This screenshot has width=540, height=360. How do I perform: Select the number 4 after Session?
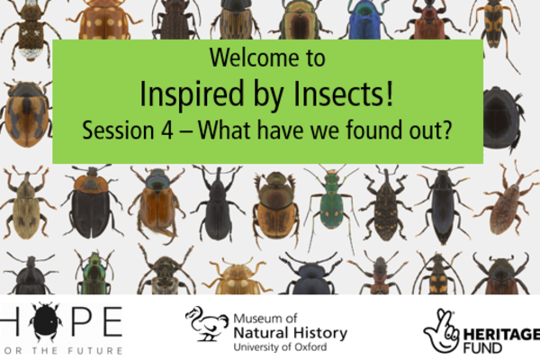click(167, 130)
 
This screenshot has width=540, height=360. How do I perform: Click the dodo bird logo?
click(207, 324)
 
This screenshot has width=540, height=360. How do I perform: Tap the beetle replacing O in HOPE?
click(46, 321)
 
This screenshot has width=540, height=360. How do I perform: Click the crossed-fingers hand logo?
click(441, 331)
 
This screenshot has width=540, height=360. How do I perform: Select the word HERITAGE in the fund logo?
click(501, 335)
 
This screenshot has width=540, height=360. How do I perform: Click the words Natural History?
click(291, 333)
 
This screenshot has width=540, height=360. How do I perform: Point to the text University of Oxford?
click(280, 346)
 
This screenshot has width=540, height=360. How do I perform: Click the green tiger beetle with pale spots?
click(330, 204)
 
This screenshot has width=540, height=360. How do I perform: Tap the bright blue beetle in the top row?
click(365, 19)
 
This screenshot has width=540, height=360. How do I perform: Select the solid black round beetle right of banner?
click(501, 118)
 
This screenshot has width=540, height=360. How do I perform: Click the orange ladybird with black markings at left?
click(26, 112)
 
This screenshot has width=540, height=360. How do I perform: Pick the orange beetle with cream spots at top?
click(103, 20)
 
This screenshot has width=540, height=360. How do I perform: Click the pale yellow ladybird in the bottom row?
click(237, 277)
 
